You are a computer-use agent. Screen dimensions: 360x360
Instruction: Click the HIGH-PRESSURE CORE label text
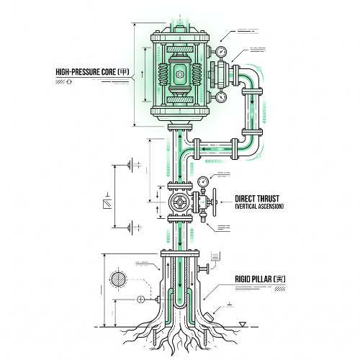click(x=92, y=72)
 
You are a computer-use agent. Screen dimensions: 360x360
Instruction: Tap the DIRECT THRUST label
click(x=257, y=199)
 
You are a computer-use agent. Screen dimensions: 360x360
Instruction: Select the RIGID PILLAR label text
click(x=260, y=279)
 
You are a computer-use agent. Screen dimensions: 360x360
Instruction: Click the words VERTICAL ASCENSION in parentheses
click(x=259, y=207)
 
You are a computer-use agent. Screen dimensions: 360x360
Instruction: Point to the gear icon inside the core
click(x=179, y=74)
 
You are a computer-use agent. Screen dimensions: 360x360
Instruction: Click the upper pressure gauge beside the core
click(x=221, y=51)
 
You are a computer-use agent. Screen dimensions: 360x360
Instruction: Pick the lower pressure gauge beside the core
click(x=221, y=97)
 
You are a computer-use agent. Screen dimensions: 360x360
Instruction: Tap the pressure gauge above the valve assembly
click(x=203, y=181)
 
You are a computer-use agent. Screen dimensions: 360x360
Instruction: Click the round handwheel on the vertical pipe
click(x=179, y=202)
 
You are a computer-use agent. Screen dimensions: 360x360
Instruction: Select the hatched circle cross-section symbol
click(x=118, y=279)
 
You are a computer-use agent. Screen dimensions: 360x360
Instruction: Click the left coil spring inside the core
click(x=163, y=74)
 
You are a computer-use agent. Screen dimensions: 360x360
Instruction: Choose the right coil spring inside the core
click(x=197, y=74)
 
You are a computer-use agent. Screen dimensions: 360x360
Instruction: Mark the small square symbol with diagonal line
click(x=107, y=204)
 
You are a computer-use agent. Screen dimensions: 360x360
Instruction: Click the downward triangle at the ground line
click(x=243, y=324)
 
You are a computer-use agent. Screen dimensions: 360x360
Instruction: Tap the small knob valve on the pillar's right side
click(x=204, y=269)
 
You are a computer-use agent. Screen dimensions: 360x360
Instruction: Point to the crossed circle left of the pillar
click(x=140, y=300)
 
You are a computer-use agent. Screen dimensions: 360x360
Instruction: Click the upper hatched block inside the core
click(x=180, y=49)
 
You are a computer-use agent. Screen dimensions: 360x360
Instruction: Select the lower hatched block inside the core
click(x=180, y=99)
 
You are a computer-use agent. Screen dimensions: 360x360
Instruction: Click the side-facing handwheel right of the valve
click(x=215, y=202)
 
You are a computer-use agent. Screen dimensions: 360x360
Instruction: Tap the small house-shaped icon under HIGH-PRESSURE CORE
click(x=69, y=81)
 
